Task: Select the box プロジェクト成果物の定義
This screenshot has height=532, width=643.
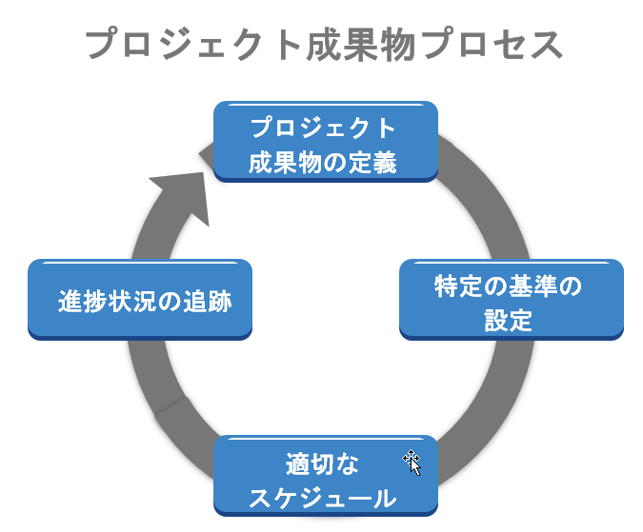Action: pos(325,140)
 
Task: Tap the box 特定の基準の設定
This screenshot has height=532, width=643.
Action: pos(511,299)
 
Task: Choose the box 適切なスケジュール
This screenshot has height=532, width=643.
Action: pos(325,475)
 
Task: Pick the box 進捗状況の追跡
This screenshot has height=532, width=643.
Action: pos(140,299)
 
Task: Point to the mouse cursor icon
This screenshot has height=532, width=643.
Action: pos(412,463)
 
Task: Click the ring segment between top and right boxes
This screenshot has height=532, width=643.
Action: pos(481,190)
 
